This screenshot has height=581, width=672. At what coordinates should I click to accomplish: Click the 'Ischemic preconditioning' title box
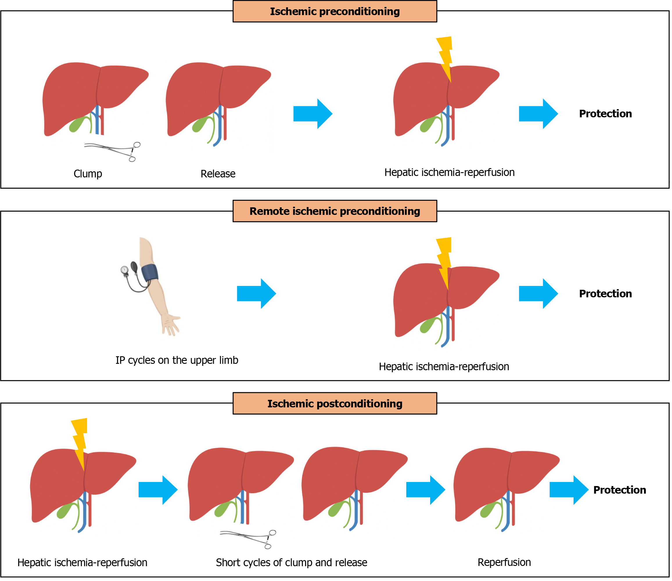[335, 11]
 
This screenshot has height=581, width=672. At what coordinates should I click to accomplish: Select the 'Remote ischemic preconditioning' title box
[335, 211]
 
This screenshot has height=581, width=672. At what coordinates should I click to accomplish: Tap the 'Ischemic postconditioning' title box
[335, 404]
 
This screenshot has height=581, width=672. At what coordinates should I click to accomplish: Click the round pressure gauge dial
[124, 269]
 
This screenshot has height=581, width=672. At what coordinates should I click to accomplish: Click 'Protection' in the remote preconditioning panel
[605, 294]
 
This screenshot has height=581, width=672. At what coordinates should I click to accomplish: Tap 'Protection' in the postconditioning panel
[619, 490]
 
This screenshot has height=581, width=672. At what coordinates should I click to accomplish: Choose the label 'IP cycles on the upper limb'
[177, 360]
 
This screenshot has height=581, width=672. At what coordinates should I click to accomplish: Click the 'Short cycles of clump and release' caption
[291, 562]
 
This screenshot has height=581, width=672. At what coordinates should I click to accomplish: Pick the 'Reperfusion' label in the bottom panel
[504, 562]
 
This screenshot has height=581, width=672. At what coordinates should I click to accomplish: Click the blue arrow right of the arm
[256, 294]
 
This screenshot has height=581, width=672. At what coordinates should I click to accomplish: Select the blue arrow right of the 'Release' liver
[313, 114]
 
